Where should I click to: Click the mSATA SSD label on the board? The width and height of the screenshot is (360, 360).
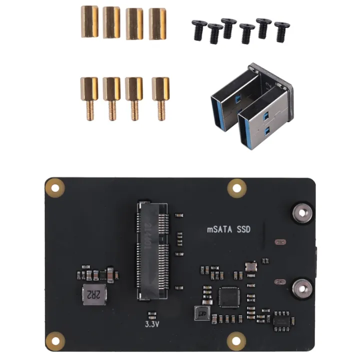click(228, 229)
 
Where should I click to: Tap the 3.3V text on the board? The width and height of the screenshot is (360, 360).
click(152, 323)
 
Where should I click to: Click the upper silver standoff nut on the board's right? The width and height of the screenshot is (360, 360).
click(301, 212)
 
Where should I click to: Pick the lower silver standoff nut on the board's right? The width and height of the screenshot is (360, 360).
click(301, 287)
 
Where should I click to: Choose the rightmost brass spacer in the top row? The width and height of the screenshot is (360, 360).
click(157, 23)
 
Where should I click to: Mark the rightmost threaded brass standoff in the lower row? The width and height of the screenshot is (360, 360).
click(160, 97)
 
